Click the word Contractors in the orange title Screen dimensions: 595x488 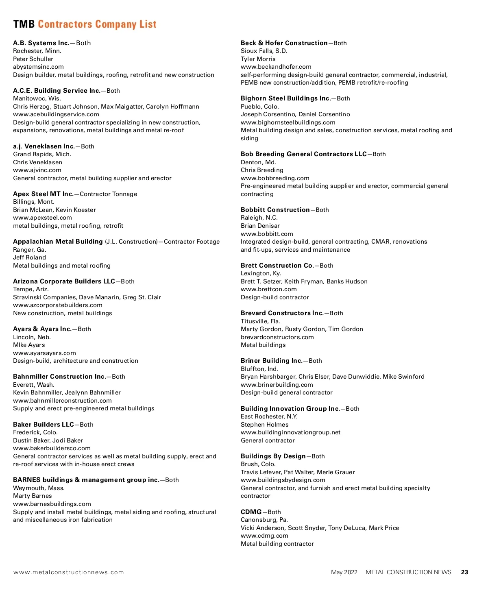coord(65,24)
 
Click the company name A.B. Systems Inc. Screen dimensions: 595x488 coord(41,43)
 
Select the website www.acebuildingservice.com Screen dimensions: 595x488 coord(56,114)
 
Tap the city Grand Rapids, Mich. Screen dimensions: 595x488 coord(42,154)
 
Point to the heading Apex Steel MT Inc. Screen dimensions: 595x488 coord(43,194)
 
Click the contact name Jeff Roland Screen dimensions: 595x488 coord(29,257)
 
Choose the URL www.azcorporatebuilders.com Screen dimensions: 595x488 coord(58,305)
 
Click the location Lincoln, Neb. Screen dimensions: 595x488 coord(32,337)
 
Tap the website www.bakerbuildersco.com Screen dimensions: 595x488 coord(52,448)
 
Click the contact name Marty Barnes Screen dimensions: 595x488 coord(33,496)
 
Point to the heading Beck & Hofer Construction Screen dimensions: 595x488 coord(284,43)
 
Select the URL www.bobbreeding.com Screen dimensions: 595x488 coord(275,178)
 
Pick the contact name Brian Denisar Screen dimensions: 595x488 coord(260,226)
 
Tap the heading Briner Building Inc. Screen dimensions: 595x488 coord(271,361)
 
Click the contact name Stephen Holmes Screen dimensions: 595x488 coord(264,425)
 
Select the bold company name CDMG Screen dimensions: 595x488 coord(251,512)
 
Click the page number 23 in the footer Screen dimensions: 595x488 coord(464,572)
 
